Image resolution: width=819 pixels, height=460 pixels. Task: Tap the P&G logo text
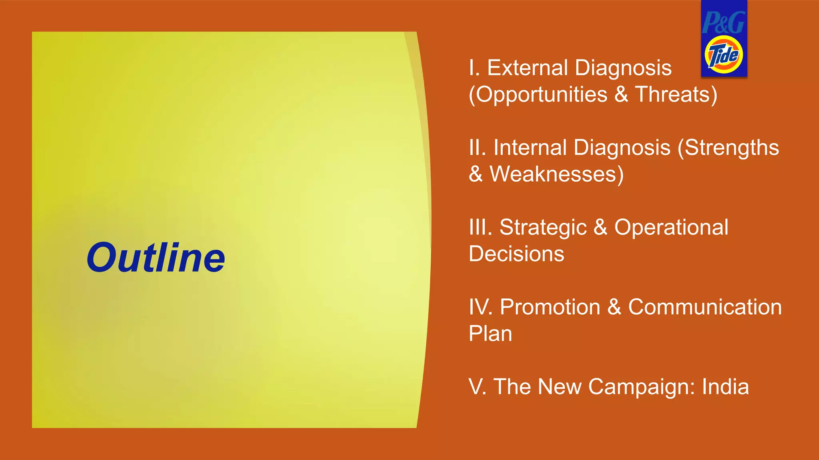coord(723,22)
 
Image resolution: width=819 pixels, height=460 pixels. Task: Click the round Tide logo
coord(724,55)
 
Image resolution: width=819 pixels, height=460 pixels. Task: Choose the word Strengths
coord(732,147)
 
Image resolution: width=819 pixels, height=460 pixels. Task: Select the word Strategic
coord(543,228)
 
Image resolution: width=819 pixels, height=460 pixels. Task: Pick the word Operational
coord(671,227)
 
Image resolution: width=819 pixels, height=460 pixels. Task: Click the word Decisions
coord(516,254)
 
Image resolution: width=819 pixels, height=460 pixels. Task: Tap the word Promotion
coord(550,307)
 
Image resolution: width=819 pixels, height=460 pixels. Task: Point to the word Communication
coord(705,307)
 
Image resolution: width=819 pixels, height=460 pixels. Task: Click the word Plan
coord(490,334)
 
